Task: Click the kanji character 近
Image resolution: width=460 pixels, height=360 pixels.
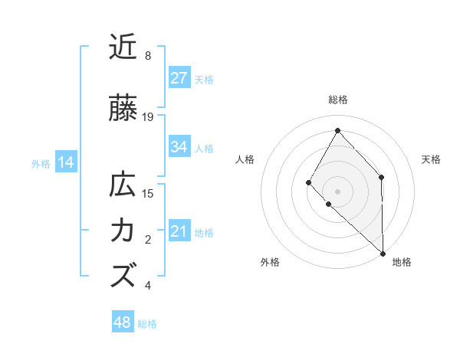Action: tap(123, 47)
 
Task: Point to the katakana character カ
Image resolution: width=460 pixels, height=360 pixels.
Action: tap(123, 231)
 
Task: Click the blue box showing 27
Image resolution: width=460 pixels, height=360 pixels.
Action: tap(179, 78)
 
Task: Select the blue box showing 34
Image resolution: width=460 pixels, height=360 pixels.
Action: tap(179, 147)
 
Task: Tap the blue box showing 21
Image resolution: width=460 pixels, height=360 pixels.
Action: tap(179, 231)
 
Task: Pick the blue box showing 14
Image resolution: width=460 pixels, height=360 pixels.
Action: tap(66, 162)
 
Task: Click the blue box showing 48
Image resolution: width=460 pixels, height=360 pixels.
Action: tap(123, 322)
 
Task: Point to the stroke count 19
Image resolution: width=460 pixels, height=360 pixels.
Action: tap(149, 117)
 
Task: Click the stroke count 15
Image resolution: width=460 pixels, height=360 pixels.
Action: tap(149, 193)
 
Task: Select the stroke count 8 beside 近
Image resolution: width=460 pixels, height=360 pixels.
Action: tap(148, 56)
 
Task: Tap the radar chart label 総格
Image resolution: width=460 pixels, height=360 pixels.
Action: tap(337, 100)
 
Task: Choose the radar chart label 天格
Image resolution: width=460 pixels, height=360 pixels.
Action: tap(431, 159)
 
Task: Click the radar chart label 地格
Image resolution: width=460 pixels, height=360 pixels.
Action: tap(402, 262)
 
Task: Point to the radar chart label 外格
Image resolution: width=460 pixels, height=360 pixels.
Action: tap(270, 262)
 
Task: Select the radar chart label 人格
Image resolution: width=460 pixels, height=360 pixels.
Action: tap(245, 159)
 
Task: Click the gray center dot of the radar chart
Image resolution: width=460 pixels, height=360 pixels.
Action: tap(337, 191)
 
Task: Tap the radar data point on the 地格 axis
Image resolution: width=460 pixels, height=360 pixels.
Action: tap(383, 253)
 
